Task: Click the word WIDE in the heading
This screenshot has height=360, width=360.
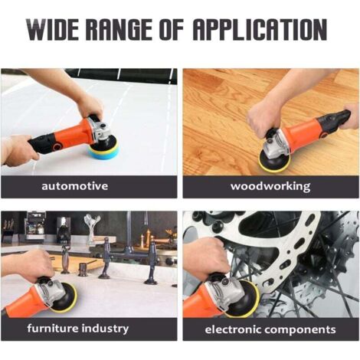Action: [x=53, y=30]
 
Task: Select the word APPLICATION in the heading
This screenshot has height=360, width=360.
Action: [x=260, y=30]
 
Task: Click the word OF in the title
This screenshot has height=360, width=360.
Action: [x=172, y=30]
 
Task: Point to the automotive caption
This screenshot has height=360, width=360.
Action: [x=75, y=185]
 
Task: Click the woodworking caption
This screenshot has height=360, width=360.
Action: [x=270, y=186]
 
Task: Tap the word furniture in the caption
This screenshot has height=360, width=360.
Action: [x=53, y=328]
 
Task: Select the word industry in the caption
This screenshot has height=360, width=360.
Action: [x=105, y=328]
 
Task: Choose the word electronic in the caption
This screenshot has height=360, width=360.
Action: [x=233, y=329]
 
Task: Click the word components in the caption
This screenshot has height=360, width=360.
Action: [x=300, y=330]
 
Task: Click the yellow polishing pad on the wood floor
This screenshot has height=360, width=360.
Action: [x=273, y=160]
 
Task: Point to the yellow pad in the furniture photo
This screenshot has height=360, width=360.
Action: [x=65, y=297]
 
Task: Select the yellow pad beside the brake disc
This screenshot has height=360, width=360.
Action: [x=244, y=299]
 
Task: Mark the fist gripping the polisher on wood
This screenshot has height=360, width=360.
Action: [x=263, y=117]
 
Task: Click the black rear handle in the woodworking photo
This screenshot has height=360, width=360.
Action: [x=333, y=120]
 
